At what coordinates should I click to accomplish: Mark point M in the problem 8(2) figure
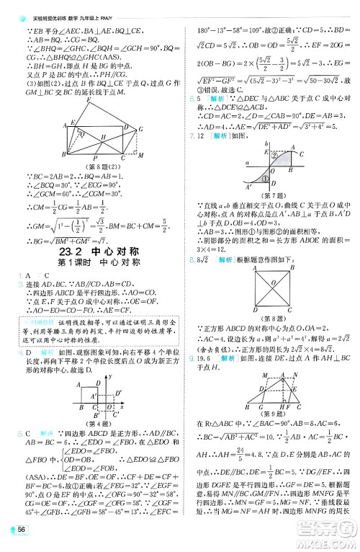(x=141, y=154)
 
